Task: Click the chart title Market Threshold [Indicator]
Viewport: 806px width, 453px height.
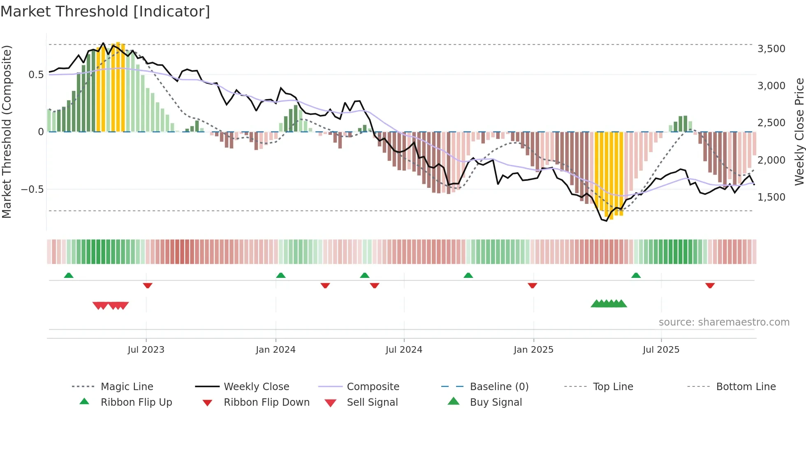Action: (105, 12)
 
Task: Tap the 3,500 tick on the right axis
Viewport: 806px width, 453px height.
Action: (771, 49)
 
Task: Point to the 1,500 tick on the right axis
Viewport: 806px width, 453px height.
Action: (771, 197)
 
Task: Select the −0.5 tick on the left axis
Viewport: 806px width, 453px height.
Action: (32, 190)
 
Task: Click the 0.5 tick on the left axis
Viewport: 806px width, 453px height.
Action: (36, 75)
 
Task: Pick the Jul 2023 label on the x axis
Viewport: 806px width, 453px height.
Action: (146, 350)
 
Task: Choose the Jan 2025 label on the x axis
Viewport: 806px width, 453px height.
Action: (533, 350)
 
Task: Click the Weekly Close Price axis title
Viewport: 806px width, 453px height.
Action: (799, 132)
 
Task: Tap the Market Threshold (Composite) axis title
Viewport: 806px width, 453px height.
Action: (7, 132)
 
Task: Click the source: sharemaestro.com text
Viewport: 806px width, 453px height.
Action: (724, 322)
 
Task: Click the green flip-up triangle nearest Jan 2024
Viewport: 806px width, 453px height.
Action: (281, 275)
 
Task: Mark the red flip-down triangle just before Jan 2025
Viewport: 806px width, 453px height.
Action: (532, 285)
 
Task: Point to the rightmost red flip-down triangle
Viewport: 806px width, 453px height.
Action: (710, 285)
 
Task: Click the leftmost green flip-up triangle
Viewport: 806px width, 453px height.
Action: (69, 275)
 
